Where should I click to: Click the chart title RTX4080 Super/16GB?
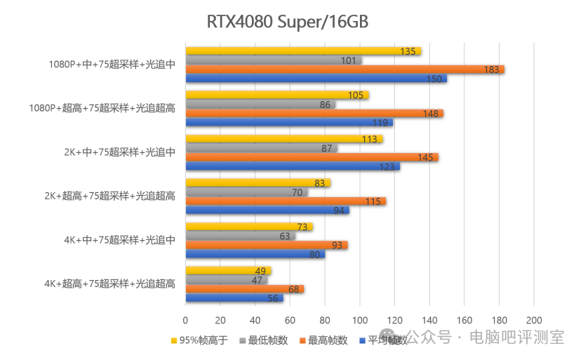[x=288, y=22]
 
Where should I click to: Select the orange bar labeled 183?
[x=345, y=69]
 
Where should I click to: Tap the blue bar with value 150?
[x=316, y=79]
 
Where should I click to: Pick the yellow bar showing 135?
[x=303, y=51]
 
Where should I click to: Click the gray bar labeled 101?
[x=274, y=60]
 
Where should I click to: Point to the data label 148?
[x=431, y=114]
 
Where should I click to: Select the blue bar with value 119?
[x=289, y=122]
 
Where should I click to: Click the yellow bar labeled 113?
[x=284, y=139]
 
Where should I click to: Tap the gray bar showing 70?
[x=246, y=192]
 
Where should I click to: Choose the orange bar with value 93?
[x=267, y=245]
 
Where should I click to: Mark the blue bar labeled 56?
[x=234, y=298]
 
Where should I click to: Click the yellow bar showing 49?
[x=228, y=271]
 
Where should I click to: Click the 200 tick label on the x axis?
[x=534, y=320]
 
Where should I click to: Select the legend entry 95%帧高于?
[x=199, y=340]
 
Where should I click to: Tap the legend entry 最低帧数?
[x=264, y=340]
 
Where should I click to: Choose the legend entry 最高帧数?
[x=323, y=340]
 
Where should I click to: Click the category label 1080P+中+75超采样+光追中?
[x=112, y=65]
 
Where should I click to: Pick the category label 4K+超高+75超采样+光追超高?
[x=109, y=284]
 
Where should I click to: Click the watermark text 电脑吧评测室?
[x=517, y=338]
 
